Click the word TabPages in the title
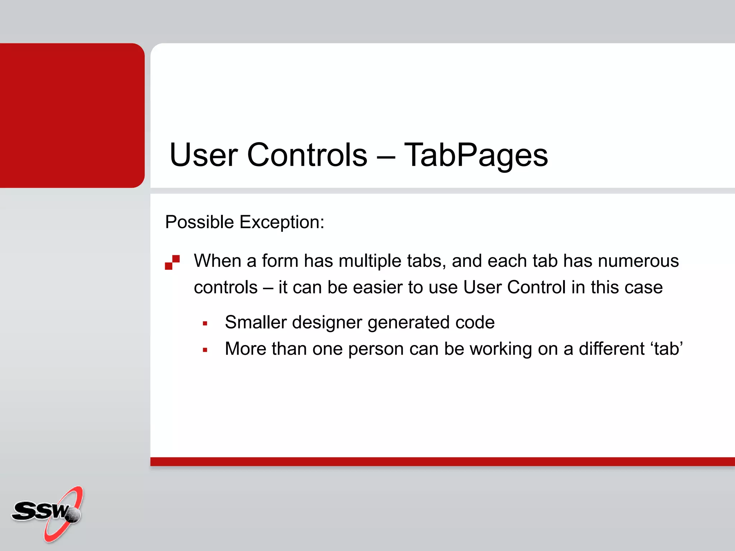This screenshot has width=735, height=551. coord(476,155)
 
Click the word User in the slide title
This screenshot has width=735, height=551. coord(203,155)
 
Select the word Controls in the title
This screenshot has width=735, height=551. coord(307,155)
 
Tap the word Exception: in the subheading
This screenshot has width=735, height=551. coord(282,222)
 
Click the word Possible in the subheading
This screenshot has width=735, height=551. coord(200,222)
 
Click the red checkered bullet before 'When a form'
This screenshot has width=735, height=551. coord(172,262)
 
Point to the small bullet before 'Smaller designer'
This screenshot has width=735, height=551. coord(205,324)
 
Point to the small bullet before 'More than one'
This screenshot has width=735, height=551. coord(205,350)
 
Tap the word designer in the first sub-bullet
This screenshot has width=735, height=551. coord(327,322)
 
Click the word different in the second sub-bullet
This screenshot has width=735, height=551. coord(612,349)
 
